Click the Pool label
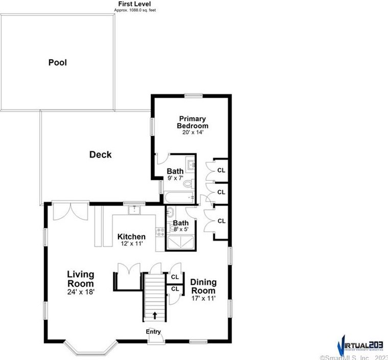tap(58, 63)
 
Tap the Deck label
tap(100, 154)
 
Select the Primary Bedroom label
tap(192, 122)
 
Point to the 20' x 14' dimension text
tap(192, 132)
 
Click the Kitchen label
tap(131, 237)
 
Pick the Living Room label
tap(80, 279)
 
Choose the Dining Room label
tap(203, 286)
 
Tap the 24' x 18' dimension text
tap(80, 291)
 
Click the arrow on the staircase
tap(154, 315)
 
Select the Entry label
tap(153, 332)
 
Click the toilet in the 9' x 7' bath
tap(188, 183)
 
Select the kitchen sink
tap(135, 210)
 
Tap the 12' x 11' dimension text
tap(131, 244)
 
